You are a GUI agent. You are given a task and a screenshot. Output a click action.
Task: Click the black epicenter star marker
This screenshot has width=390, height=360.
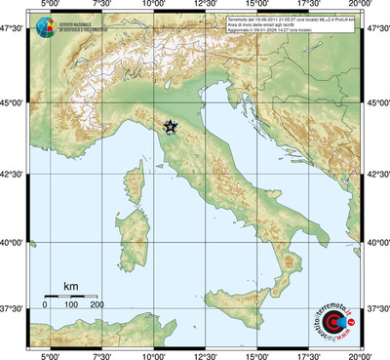click(x=171, y=127)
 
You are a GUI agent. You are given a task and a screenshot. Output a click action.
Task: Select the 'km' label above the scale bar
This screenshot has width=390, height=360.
click(x=70, y=286)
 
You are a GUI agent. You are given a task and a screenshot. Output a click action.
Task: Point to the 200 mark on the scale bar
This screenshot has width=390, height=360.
click(x=97, y=305)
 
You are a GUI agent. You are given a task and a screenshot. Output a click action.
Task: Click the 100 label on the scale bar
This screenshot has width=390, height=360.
click(x=71, y=305)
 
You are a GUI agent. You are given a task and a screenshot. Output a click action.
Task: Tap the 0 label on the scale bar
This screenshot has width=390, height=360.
click(x=45, y=305)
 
